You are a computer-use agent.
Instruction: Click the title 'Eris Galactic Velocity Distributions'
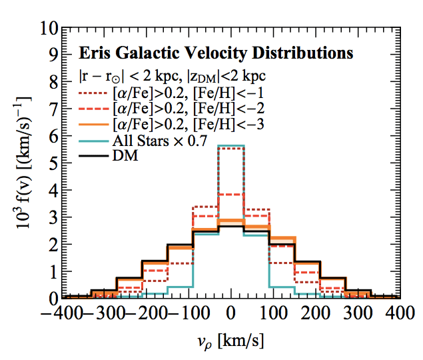pos(215,53)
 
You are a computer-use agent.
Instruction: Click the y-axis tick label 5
pos(51,163)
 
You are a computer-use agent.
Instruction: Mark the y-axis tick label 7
pos(51,110)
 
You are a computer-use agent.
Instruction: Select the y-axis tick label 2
pos(51,244)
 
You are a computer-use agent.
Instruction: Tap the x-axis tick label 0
pos(231,313)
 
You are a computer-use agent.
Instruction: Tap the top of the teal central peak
pos(231,146)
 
